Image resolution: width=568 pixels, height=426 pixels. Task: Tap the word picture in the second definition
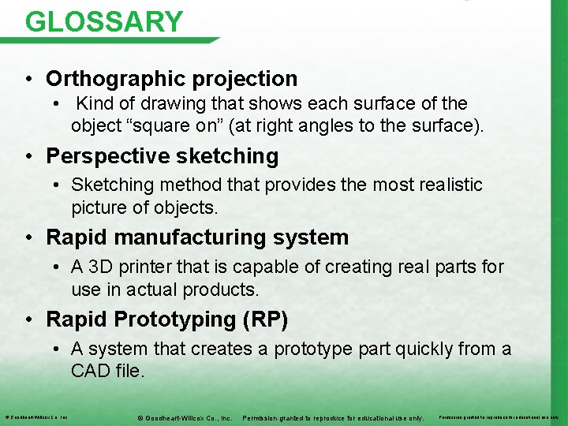(98, 208)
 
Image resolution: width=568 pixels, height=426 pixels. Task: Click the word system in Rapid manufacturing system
(315, 237)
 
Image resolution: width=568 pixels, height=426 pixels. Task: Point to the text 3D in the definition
(101, 267)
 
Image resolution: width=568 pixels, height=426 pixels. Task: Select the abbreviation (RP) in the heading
(267, 319)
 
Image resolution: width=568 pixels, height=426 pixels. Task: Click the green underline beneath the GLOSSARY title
(118, 39)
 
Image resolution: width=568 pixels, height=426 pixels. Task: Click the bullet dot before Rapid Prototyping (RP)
(28, 319)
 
